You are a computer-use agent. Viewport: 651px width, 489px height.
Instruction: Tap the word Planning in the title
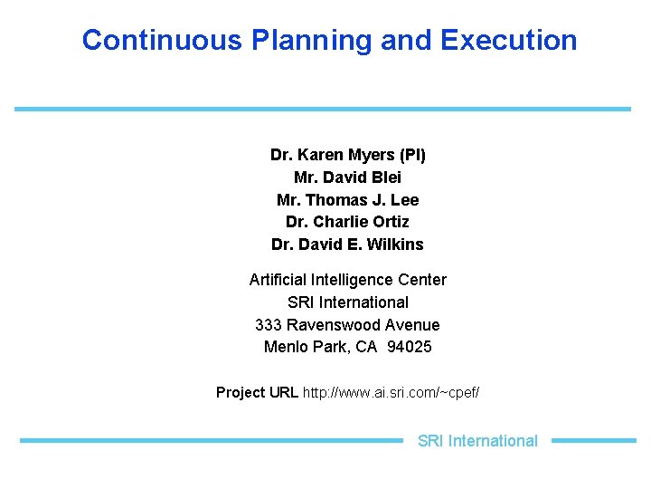point(311,40)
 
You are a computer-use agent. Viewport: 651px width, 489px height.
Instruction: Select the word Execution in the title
point(508,40)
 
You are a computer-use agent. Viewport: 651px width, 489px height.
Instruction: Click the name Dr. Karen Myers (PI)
point(347,155)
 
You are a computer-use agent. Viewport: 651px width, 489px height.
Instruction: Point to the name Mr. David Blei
point(347,177)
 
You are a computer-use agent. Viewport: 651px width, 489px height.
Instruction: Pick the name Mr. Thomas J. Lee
point(347,200)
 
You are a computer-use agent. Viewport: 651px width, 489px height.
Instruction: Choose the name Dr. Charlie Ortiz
point(347,222)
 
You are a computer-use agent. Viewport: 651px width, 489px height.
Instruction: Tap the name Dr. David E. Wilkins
point(347,244)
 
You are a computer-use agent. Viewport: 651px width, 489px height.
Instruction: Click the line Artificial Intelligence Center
point(347,280)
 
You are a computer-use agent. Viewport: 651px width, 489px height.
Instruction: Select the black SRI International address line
point(347,302)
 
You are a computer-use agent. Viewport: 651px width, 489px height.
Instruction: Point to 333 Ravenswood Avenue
point(347,324)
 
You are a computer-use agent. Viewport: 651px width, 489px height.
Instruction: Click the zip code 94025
point(409,347)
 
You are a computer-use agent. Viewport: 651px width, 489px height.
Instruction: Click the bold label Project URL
point(257,392)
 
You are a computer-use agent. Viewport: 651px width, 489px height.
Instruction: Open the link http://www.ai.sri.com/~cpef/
point(392,392)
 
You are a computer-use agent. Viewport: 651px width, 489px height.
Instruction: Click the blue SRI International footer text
point(477,441)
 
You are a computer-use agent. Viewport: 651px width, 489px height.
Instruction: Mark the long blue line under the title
point(322,109)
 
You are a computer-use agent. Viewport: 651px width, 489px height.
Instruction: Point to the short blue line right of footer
point(593,441)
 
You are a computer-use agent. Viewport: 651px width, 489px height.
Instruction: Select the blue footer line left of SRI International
point(211,441)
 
